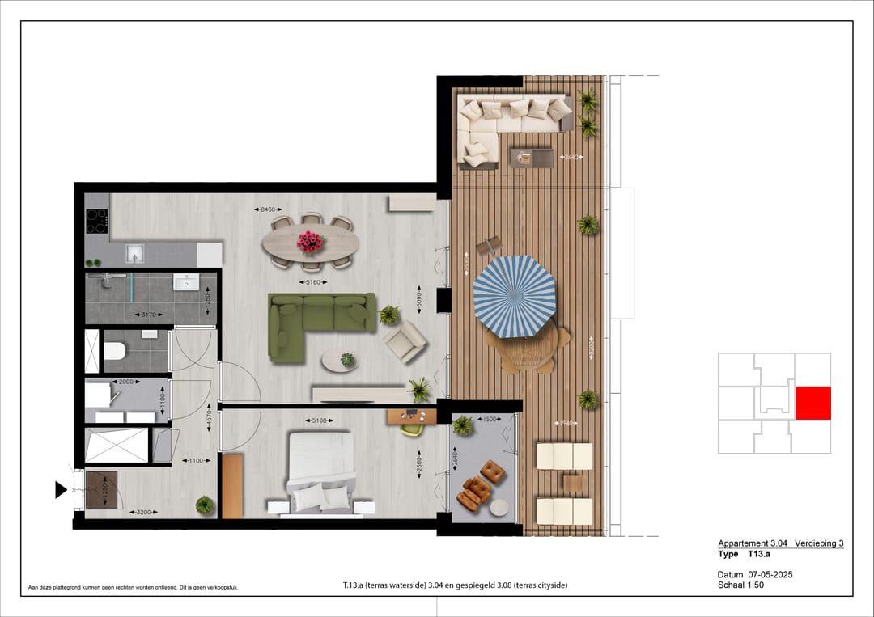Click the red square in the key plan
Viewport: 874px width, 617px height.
click(x=812, y=404)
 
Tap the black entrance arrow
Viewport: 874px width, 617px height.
click(x=61, y=489)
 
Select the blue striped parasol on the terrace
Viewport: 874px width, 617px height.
click(x=515, y=295)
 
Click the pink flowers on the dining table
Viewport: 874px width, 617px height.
click(x=309, y=241)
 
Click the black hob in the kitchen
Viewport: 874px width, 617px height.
click(x=97, y=220)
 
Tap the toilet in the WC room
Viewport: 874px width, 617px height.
click(x=114, y=351)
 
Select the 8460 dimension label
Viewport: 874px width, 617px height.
click(x=268, y=210)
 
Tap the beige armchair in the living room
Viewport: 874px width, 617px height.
click(x=405, y=342)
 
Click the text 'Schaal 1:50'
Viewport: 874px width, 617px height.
click(x=740, y=585)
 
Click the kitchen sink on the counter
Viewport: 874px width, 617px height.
click(x=134, y=254)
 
